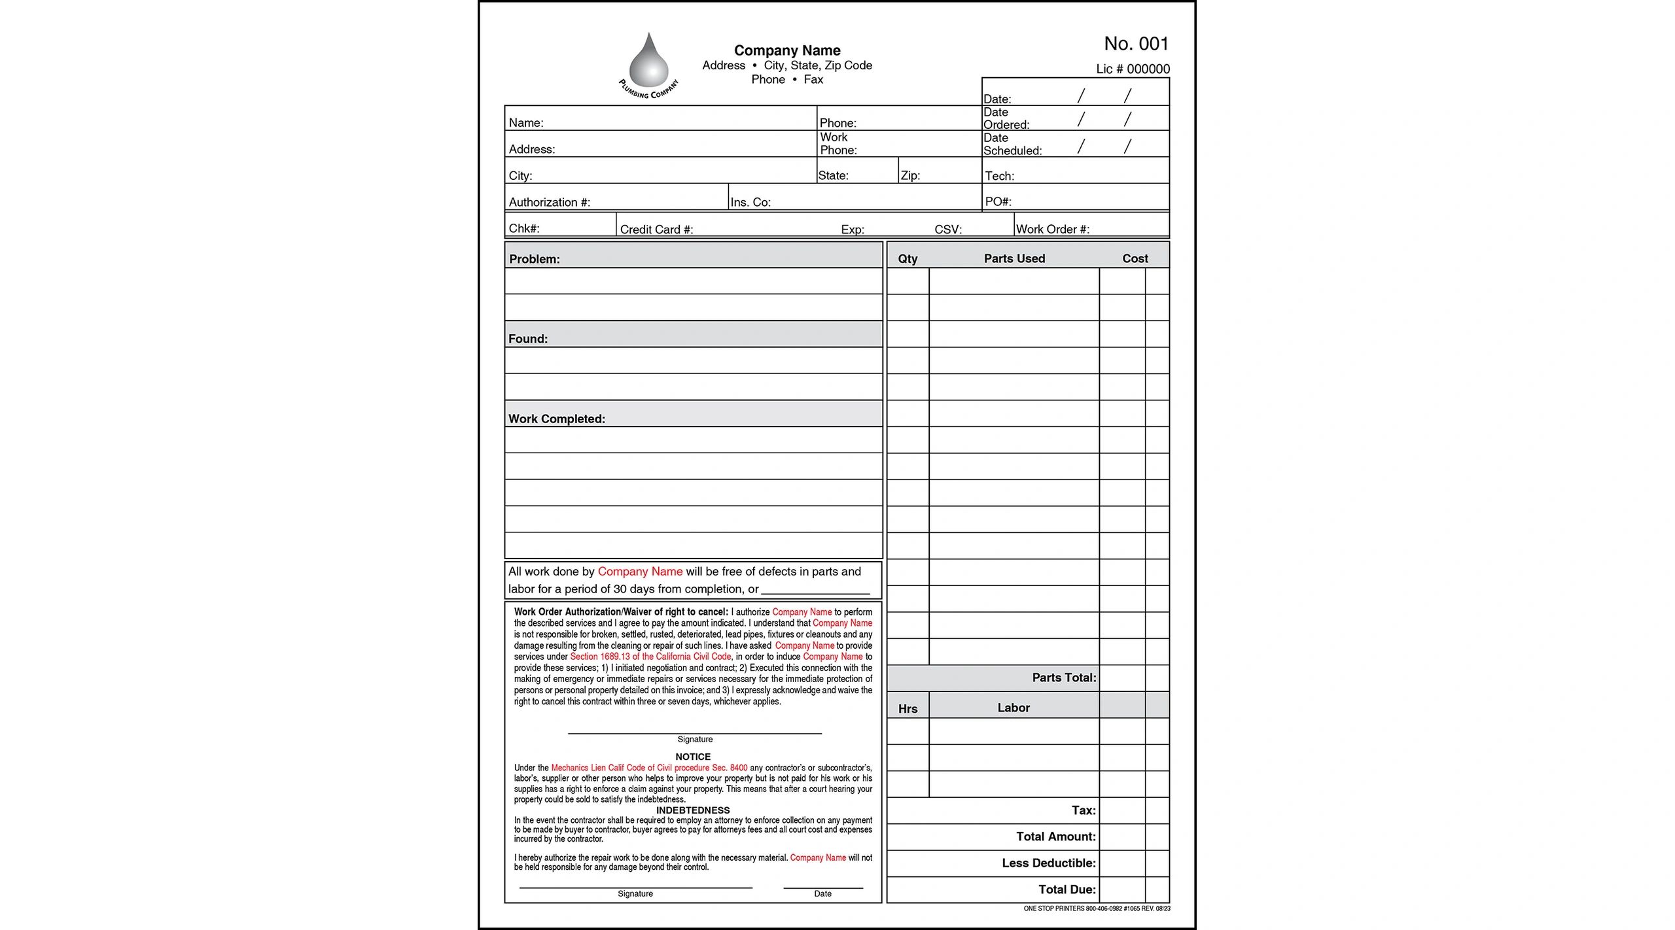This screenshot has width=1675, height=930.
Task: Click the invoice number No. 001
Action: pyautogui.click(x=1136, y=44)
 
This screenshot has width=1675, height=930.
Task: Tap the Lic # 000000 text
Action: pyautogui.click(x=1133, y=69)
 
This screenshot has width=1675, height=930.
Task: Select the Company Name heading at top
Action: pyautogui.click(x=787, y=50)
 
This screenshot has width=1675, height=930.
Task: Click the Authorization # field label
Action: pyautogui.click(x=550, y=202)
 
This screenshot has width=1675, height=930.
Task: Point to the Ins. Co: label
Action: pyautogui.click(x=750, y=202)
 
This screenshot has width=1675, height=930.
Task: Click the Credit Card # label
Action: pyautogui.click(x=656, y=229)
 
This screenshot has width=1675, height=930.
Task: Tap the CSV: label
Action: pyautogui.click(x=948, y=229)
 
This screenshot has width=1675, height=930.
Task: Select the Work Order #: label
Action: pyautogui.click(x=1052, y=229)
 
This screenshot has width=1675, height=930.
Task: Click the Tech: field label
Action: pyautogui.click(x=999, y=176)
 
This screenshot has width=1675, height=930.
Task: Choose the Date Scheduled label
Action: pyautogui.click(x=1012, y=145)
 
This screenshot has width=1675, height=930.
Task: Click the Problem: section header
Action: pyautogui.click(x=535, y=259)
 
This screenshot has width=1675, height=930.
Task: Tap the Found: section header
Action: pyautogui.click(x=528, y=339)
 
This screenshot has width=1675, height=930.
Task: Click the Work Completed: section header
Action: pyautogui.click(x=557, y=419)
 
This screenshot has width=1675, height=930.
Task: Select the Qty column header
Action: pyautogui.click(x=908, y=258)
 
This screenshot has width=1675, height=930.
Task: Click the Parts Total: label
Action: pyautogui.click(x=1064, y=678)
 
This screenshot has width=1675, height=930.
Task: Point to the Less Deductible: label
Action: pyautogui.click(x=1048, y=863)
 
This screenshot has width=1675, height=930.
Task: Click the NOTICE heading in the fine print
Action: pyautogui.click(x=693, y=757)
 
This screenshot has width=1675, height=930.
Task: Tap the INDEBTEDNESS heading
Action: pyautogui.click(x=693, y=810)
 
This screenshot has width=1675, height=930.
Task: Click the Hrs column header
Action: pyautogui.click(x=908, y=708)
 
